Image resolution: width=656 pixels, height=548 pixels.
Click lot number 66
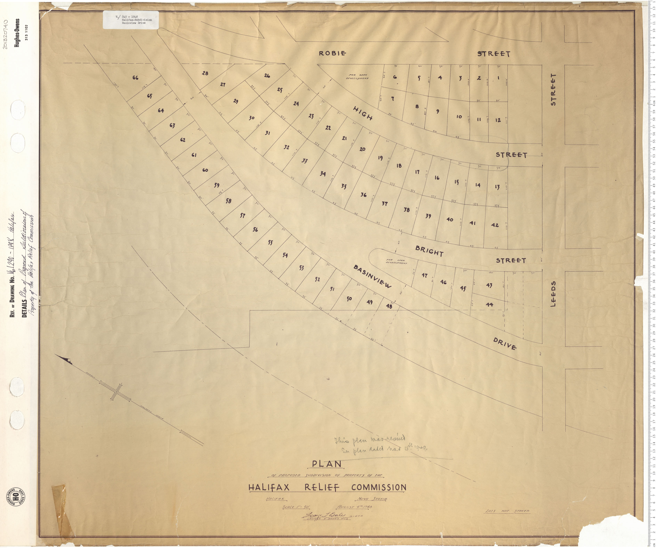pyautogui.click(x=135, y=78)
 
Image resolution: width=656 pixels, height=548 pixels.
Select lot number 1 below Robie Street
pyautogui.click(x=498, y=78)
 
